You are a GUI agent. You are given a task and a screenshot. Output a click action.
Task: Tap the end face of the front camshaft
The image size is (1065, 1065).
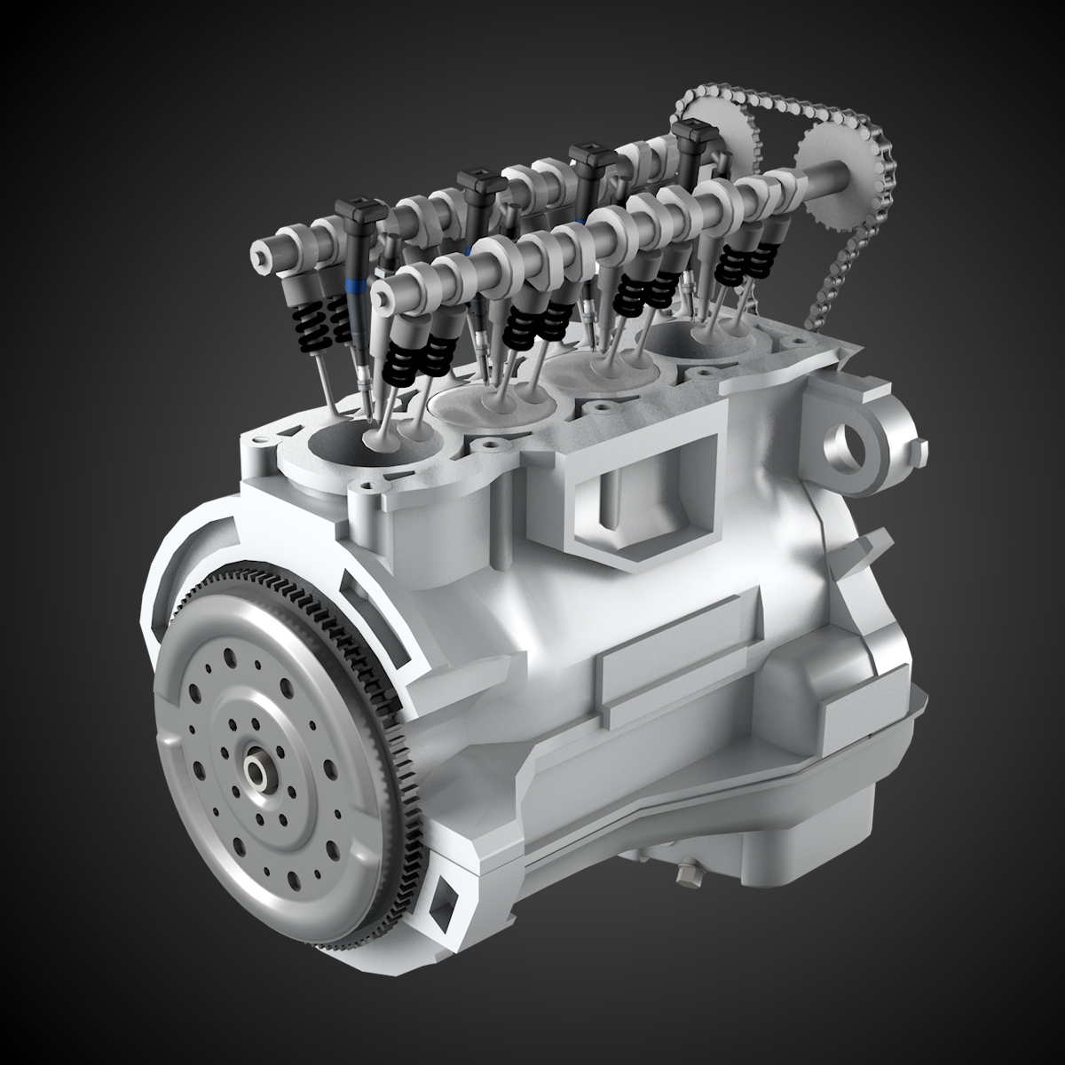coord(383,291)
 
